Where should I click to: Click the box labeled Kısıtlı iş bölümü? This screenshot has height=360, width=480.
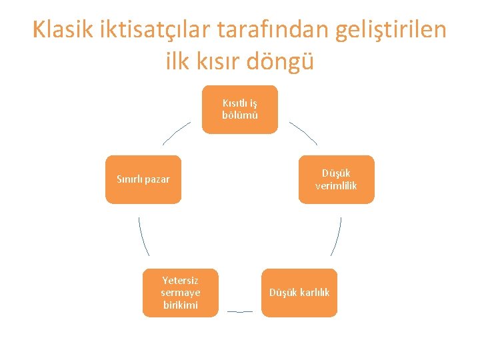[x=240, y=109]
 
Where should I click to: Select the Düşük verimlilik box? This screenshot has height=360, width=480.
[x=336, y=179]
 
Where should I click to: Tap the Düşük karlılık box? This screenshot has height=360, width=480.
[x=299, y=293]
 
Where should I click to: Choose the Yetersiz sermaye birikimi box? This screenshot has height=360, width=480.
[x=180, y=293]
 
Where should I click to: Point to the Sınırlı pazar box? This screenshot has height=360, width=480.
[x=143, y=179]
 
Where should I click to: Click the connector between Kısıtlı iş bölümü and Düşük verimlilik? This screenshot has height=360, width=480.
[x=303, y=133]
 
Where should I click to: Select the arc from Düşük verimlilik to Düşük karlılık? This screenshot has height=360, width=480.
[x=337, y=237]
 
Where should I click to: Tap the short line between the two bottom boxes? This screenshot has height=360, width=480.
[x=240, y=311]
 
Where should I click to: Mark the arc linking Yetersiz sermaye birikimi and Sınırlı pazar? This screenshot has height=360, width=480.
[x=143, y=237]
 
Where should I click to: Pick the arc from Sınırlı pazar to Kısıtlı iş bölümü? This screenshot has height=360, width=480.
[x=176, y=133]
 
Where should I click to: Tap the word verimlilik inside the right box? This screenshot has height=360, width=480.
[x=336, y=186]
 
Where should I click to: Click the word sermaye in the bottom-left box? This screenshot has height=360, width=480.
[x=180, y=293]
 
